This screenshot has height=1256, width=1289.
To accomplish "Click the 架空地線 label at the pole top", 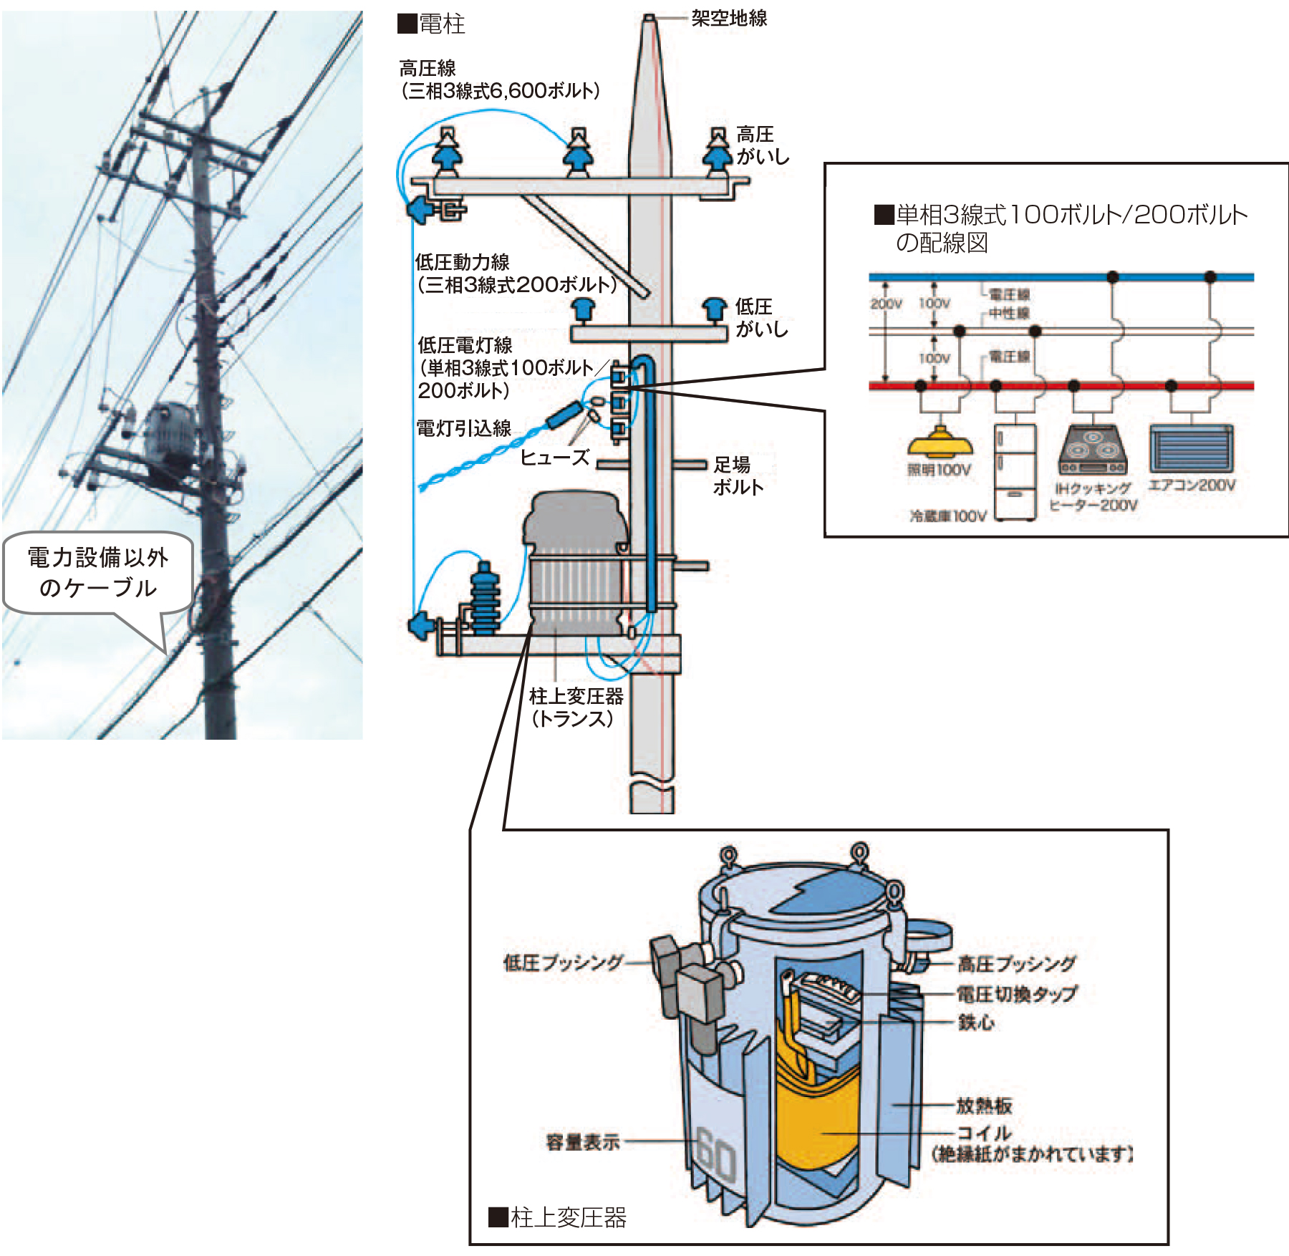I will (728, 19).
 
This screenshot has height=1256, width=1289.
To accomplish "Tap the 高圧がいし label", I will (762, 145).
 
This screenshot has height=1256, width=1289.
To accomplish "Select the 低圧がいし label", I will (761, 318).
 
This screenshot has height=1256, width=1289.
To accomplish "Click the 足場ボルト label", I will (738, 476).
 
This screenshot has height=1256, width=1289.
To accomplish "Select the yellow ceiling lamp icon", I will (939, 443).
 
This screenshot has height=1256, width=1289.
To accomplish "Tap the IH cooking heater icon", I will (1093, 449).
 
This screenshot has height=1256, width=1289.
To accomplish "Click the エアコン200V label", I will (1192, 486).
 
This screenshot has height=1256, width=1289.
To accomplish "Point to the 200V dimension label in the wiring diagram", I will (886, 304).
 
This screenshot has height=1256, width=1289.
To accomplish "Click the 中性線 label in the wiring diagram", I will (1009, 314).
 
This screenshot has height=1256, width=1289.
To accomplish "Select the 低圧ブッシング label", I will (564, 962).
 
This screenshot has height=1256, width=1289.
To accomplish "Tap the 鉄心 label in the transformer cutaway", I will (976, 1023).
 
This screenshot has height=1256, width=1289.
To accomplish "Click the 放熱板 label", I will (984, 1106).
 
